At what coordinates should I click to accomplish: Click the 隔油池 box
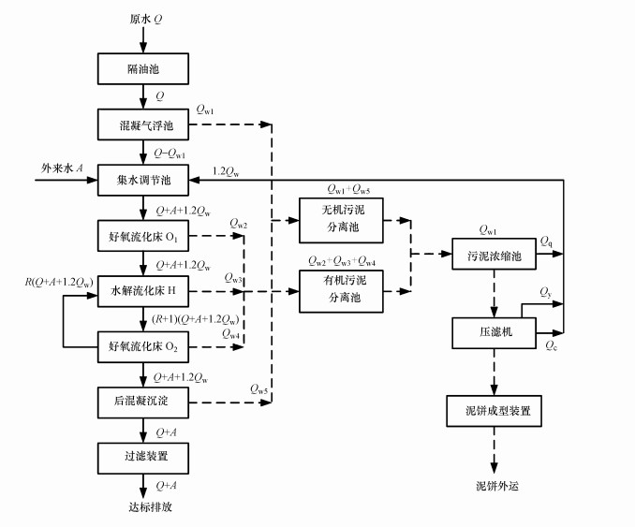coord(144,69)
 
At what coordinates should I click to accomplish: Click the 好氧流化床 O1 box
coord(144,234)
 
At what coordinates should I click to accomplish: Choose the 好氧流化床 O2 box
coord(144,348)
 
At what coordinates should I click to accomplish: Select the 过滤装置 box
coord(144,457)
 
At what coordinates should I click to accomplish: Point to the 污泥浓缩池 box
coord(493,254)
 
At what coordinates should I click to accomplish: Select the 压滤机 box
coord(493,330)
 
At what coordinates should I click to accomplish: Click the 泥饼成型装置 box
coord(493,409)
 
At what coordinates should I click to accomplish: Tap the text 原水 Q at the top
coord(145,18)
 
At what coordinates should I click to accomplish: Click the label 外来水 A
coord(63,167)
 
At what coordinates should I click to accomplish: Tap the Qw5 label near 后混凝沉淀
coord(259,387)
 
